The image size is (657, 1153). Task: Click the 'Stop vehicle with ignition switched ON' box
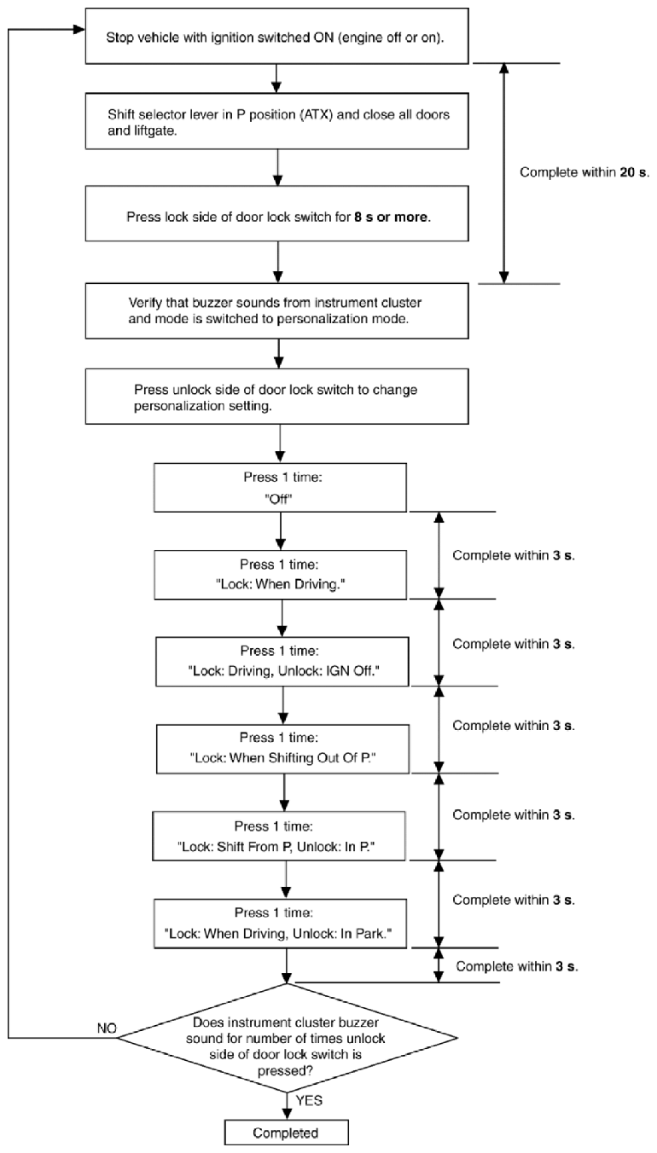click(x=277, y=36)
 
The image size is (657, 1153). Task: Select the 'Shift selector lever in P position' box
click(x=277, y=121)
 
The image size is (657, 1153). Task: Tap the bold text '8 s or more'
click(x=392, y=217)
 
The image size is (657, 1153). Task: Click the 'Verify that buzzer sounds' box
click(x=277, y=311)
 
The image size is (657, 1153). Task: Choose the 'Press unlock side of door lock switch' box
click(x=277, y=397)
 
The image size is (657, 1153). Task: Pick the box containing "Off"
click(x=280, y=488)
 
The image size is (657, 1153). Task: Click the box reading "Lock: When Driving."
click(x=280, y=575)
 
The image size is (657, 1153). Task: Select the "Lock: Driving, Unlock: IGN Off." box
click(x=282, y=662)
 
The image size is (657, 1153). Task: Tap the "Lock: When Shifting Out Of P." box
click(x=282, y=749)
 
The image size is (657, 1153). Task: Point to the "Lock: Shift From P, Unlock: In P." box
click(x=278, y=836)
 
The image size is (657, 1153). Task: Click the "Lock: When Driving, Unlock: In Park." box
click(x=280, y=924)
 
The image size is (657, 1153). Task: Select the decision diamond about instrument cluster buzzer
click(x=288, y=1038)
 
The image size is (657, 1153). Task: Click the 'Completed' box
click(x=287, y=1133)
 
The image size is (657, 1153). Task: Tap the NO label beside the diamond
click(x=108, y=1028)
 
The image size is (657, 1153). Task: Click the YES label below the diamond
click(x=309, y=1100)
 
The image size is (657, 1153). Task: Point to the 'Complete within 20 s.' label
click(x=584, y=172)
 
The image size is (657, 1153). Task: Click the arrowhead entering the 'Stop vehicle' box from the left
click(x=79, y=29)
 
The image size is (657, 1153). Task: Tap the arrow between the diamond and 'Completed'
click(x=287, y=1105)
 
